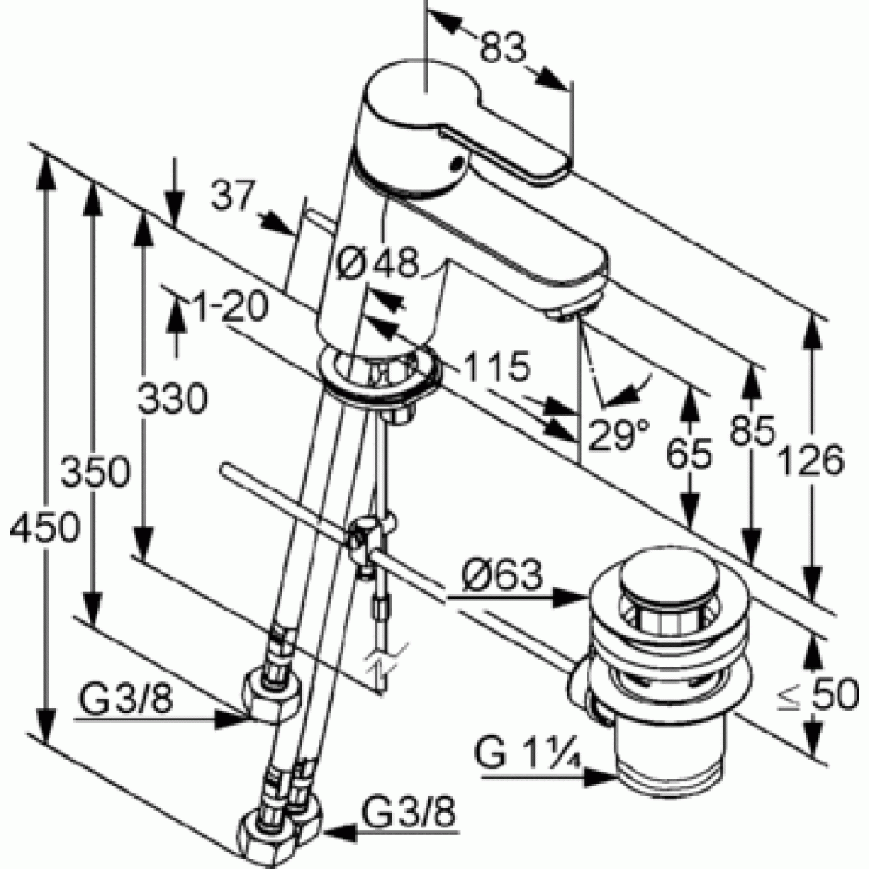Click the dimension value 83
click(x=502, y=47)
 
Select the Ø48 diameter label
click(x=379, y=262)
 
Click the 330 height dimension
click(x=172, y=398)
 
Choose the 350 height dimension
click(x=96, y=472)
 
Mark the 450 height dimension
click(x=44, y=527)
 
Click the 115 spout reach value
click(x=497, y=367)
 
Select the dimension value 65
click(x=689, y=454)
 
